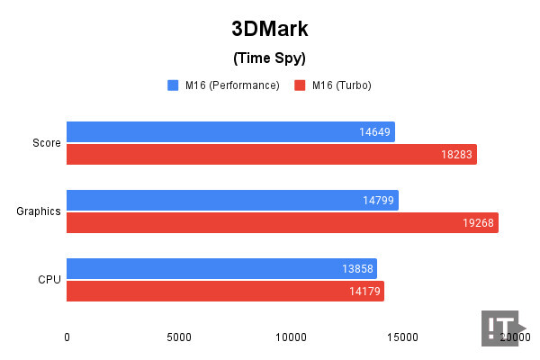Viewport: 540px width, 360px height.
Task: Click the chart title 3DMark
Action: (x=270, y=29)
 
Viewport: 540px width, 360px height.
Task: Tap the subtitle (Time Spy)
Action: (x=270, y=58)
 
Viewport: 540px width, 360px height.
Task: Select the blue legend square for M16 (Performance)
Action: (x=173, y=85)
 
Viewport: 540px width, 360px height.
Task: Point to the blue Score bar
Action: (x=230, y=131)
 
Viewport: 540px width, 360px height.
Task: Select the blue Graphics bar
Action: (x=232, y=200)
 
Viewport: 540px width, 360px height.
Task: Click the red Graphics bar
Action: (x=283, y=223)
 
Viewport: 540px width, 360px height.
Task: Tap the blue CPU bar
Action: (x=221, y=268)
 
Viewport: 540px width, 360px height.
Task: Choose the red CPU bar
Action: (x=225, y=292)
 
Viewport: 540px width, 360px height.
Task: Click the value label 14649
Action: (x=373, y=132)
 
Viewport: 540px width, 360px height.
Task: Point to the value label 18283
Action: (x=455, y=155)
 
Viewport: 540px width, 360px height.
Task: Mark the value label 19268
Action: (x=477, y=223)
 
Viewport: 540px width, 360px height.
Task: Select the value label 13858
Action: (x=355, y=269)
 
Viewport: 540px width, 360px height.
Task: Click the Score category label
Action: (x=46, y=143)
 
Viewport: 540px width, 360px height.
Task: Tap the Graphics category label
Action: (x=39, y=211)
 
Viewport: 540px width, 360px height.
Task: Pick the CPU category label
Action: (x=49, y=280)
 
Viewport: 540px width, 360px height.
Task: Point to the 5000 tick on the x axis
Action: (x=179, y=337)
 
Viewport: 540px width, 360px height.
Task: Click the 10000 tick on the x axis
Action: (x=291, y=337)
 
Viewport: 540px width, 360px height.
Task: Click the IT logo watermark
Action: (x=499, y=328)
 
